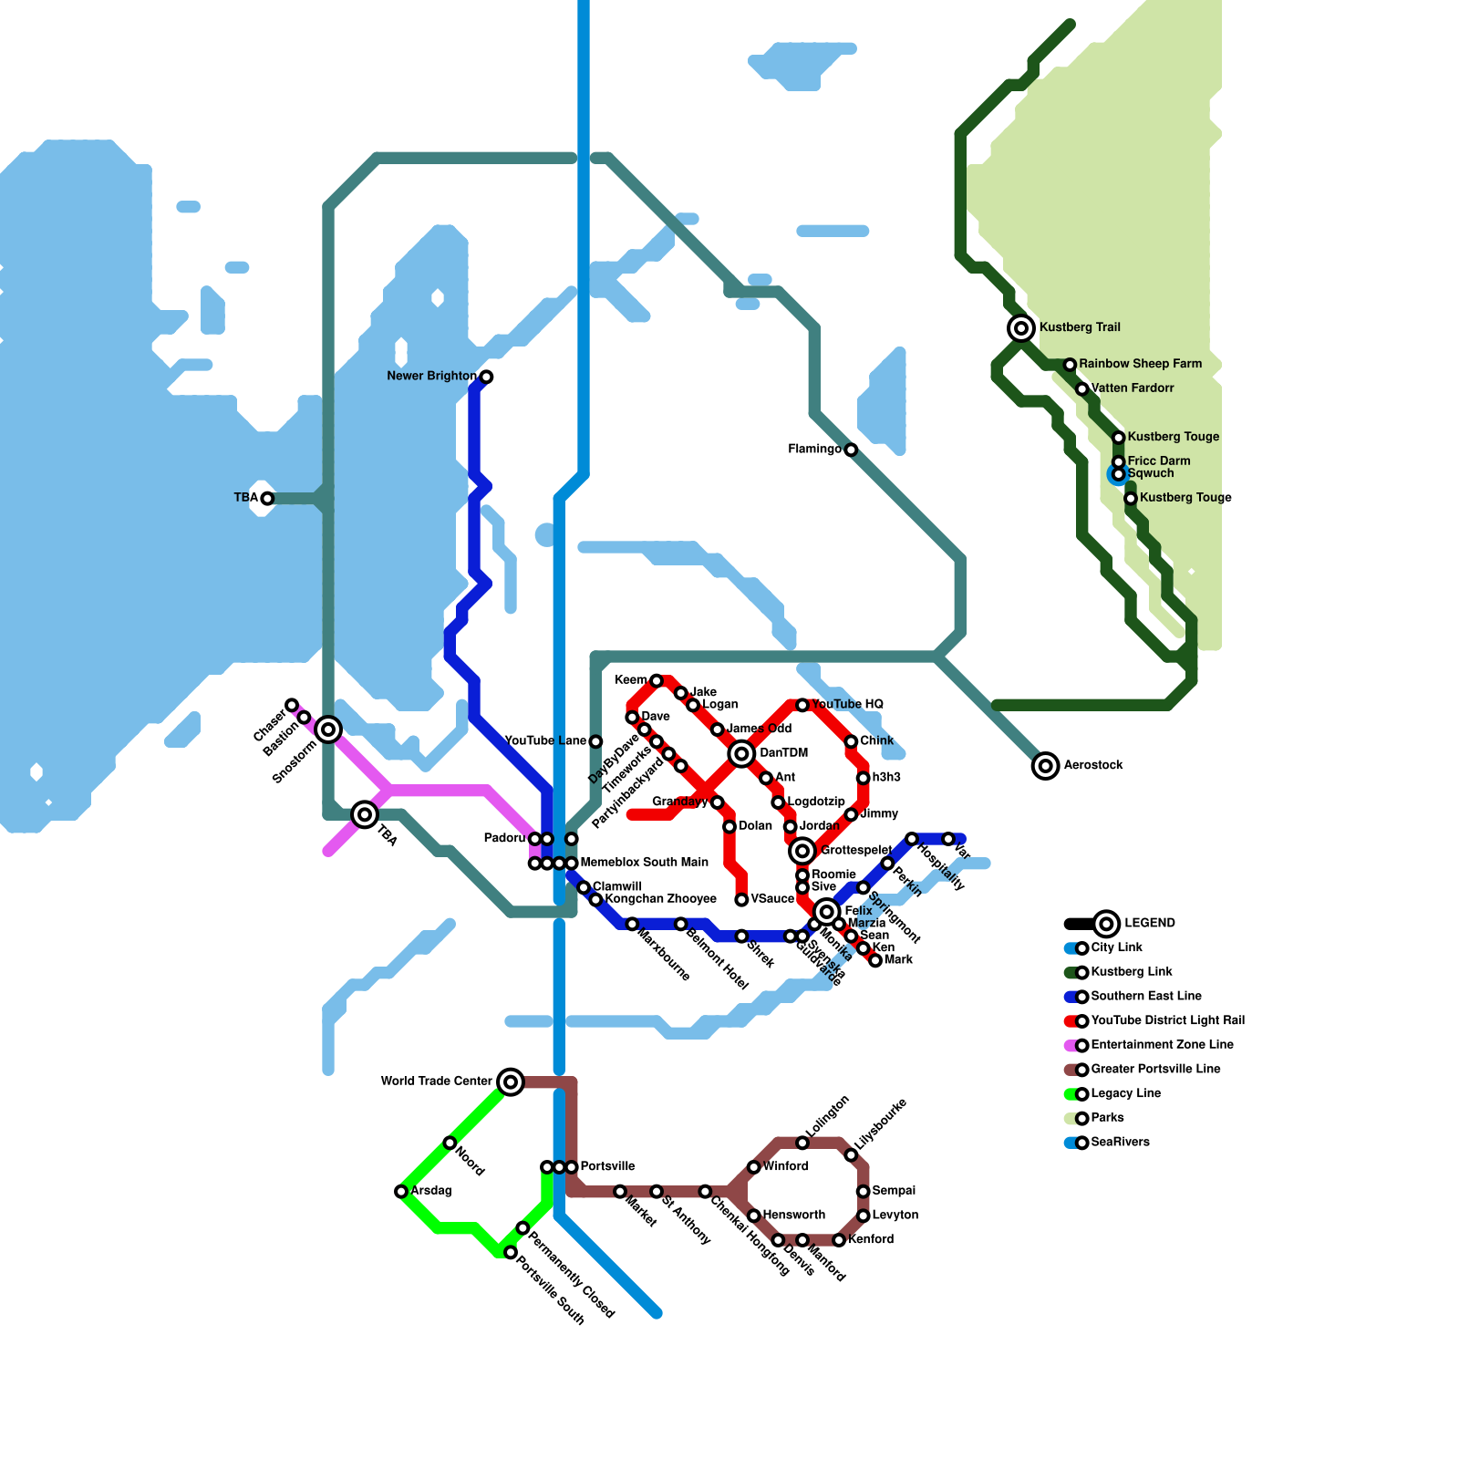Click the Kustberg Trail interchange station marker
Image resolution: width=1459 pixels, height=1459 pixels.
(x=1021, y=327)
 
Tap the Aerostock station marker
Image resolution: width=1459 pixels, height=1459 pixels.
(x=1046, y=766)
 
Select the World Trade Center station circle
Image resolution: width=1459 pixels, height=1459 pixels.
(x=511, y=1081)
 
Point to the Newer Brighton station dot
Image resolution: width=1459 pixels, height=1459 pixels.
(x=486, y=377)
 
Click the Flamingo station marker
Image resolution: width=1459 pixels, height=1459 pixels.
(x=851, y=450)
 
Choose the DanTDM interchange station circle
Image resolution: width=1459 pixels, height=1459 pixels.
(x=741, y=753)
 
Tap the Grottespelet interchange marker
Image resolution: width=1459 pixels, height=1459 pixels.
(x=802, y=851)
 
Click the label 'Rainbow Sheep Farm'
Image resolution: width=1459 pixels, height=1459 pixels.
(x=1140, y=364)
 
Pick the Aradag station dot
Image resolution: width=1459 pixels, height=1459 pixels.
(x=401, y=1191)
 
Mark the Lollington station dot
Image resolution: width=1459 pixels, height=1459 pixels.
(x=802, y=1143)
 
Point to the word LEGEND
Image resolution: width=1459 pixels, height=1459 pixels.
(x=1150, y=923)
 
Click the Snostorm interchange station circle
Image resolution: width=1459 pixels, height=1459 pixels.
(x=328, y=729)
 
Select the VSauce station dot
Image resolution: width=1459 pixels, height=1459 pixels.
(x=741, y=900)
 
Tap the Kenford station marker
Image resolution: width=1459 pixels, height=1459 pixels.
(x=839, y=1240)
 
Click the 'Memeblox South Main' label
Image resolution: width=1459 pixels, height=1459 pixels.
(x=644, y=862)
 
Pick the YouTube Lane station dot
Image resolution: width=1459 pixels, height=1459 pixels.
(x=595, y=741)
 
